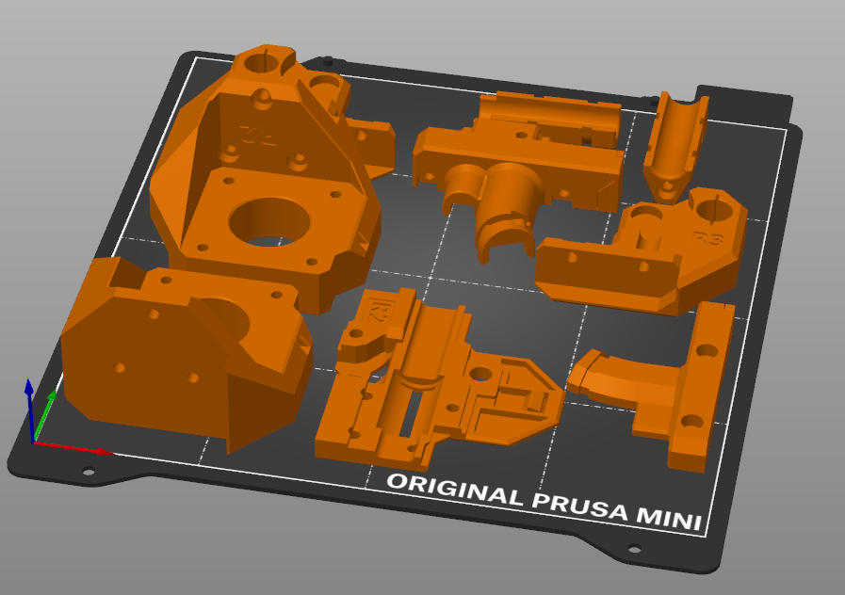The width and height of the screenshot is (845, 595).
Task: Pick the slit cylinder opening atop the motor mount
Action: pyautogui.click(x=264, y=62)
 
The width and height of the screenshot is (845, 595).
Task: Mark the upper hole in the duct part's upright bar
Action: pyautogui.click(x=707, y=350)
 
